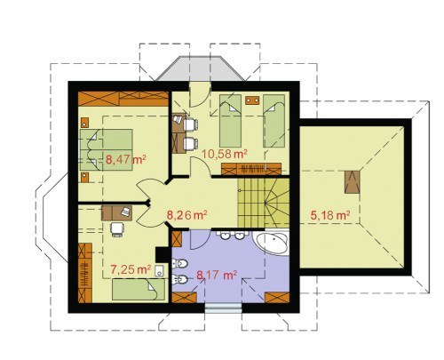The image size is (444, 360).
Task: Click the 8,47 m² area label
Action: (126, 160)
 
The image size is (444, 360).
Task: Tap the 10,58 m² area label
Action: (225, 154)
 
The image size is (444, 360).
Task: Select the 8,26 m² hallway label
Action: (186, 215)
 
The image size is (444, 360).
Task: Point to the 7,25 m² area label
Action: (131, 269)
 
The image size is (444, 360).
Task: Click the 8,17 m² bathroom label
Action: (217, 275)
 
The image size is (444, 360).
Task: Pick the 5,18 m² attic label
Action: (330, 215)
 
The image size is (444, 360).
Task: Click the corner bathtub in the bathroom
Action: (272, 244)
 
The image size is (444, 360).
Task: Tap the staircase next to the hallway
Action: (264, 203)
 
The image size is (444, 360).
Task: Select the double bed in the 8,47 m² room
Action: (106, 150)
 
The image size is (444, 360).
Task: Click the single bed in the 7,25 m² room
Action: (139, 290)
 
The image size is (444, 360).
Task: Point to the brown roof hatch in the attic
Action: (353, 182)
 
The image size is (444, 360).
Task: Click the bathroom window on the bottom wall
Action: (224, 308)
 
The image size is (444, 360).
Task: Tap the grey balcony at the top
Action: (201, 68)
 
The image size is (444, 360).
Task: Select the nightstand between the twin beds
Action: (252, 100)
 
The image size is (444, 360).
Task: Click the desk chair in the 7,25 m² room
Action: (116, 229)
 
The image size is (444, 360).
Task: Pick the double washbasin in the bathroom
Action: (232, 235)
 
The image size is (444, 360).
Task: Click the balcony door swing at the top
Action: (200, 94)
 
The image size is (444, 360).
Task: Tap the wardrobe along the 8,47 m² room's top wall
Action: (123, 99)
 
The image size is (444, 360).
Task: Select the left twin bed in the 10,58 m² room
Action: (230, 121)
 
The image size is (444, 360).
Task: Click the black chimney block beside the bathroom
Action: (163, 254)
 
